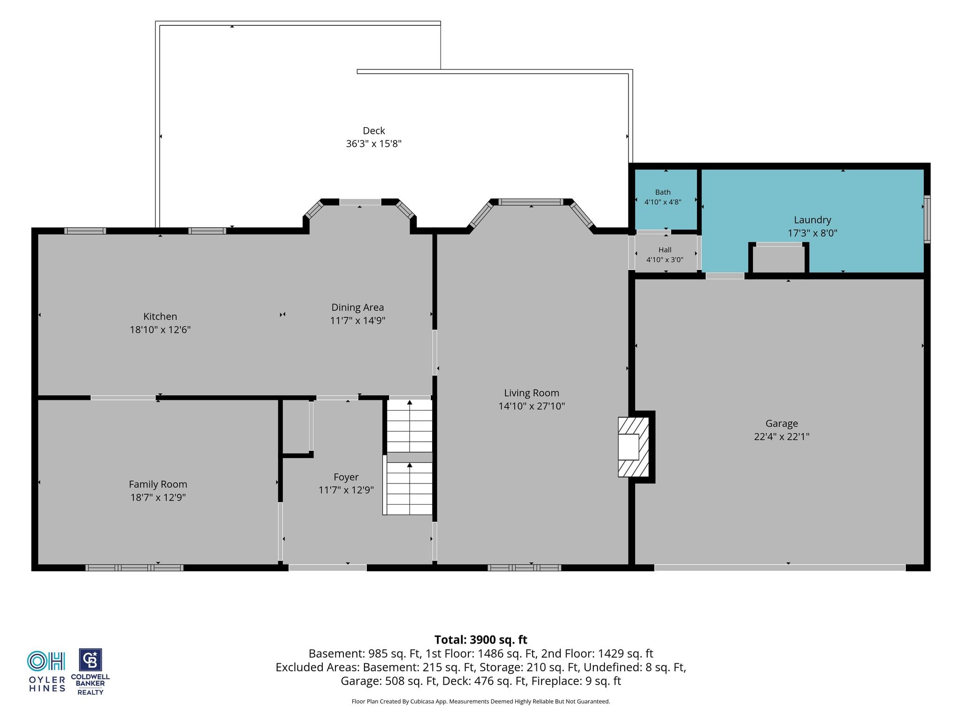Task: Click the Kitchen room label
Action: (160, 316)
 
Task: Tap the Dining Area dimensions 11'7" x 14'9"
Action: (357, 321)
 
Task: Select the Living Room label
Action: (531, 393)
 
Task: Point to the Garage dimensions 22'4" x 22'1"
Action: (782, 437)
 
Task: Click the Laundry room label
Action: (813, 220)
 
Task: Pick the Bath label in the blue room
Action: (663, 192)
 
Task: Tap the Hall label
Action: (665, 250)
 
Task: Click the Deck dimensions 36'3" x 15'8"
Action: (374, 144)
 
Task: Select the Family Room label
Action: (158, 484)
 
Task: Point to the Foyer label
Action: (346, 477)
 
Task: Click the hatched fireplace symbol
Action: (633, 447)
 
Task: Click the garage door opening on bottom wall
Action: (780, 568)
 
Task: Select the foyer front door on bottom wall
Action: (327, 568)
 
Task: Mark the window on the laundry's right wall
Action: (927, 219)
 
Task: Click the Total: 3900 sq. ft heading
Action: (481, 640)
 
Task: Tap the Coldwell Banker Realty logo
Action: (90, 672)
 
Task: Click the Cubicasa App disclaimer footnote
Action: (481, 702)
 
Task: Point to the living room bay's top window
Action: (531, 202)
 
